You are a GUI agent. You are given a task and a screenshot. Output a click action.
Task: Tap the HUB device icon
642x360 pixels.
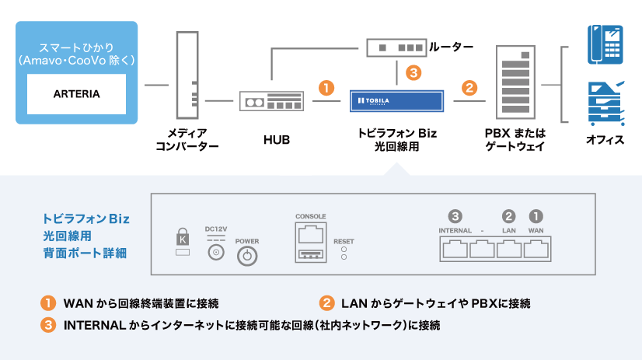pyautogui.click(x=269, y=101)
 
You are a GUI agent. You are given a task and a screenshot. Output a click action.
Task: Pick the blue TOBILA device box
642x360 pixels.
pyautogui.click(x=396, y=101)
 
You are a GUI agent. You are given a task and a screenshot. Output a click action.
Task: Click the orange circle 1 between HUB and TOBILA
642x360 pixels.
pyautogui.click(x=327, y=87)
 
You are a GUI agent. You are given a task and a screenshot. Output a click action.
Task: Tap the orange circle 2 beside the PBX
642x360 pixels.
pyautogui.click(x=469, y=87)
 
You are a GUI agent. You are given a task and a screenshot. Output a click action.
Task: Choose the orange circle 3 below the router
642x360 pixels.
pyautogui.click(x=413, y=73)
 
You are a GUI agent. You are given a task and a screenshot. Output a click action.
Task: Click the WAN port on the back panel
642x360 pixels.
pyautogui.click(x=536, y=249)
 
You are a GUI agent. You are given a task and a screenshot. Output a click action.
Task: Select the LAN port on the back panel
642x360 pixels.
pyautogui.click(x=509, y=249)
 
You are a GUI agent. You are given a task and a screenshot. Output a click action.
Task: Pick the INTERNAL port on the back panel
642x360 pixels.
pyautogui.click(x=455, y=249)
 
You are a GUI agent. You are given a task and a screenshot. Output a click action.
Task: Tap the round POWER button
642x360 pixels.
pyautogui.click(x=247, y=257)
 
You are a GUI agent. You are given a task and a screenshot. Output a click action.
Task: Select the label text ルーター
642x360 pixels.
pyautogui.click(x=451, y=47)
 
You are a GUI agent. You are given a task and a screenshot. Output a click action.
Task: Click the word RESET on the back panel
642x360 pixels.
pyautogui.click(x=344, y=242)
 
